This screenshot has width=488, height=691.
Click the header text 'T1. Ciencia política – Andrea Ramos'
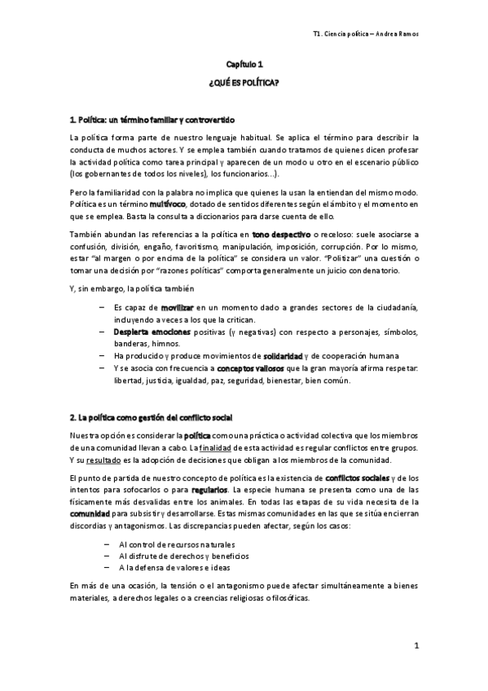[371, 33]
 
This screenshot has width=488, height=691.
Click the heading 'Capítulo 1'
[244, 64]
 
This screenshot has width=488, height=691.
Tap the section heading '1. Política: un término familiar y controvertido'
[152, 120]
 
